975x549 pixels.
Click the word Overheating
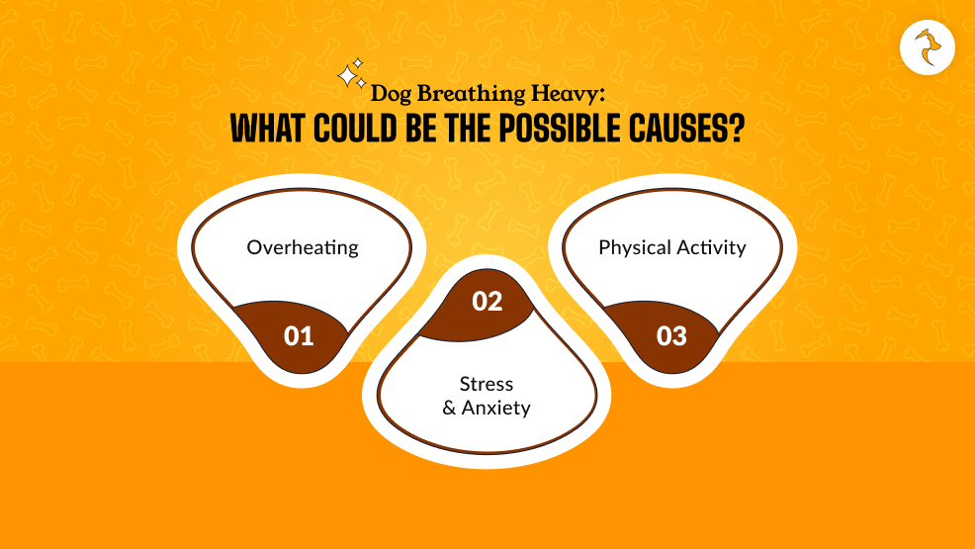coord(303,247)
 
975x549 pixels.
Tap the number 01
coord(299,336)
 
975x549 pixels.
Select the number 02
coord(487,302)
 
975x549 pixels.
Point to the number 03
coord(671,336)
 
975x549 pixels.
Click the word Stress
coord(487,384)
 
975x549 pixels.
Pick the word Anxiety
coord(497,408)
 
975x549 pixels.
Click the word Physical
coord(635,247)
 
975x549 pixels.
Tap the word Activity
coord(710,247)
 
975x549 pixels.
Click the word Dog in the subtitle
coord(390,95)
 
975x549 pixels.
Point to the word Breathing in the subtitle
coord(465,95)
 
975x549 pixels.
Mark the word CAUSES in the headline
coord(680,130)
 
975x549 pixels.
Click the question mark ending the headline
coord(737,130)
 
